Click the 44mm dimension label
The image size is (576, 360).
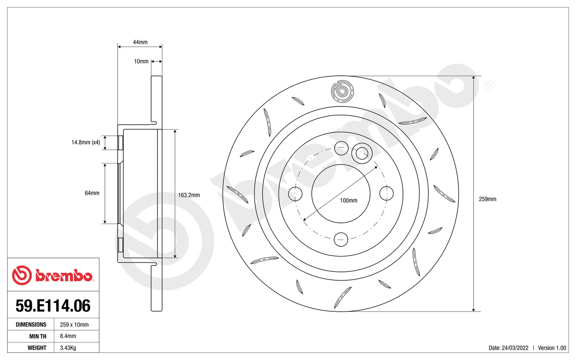(140, 42)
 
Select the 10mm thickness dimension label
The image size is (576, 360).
(141, 61)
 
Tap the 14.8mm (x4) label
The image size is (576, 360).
(86, 142)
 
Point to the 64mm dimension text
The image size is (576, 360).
(92, 193)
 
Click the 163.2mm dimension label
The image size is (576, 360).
(189, 195)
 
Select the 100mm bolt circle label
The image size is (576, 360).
(348, 201)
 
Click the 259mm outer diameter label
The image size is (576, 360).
(488, 199)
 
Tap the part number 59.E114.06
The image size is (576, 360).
(53, 306)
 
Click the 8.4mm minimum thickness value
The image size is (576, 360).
(68, 336)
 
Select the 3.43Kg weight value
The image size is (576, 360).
(68, 348)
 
